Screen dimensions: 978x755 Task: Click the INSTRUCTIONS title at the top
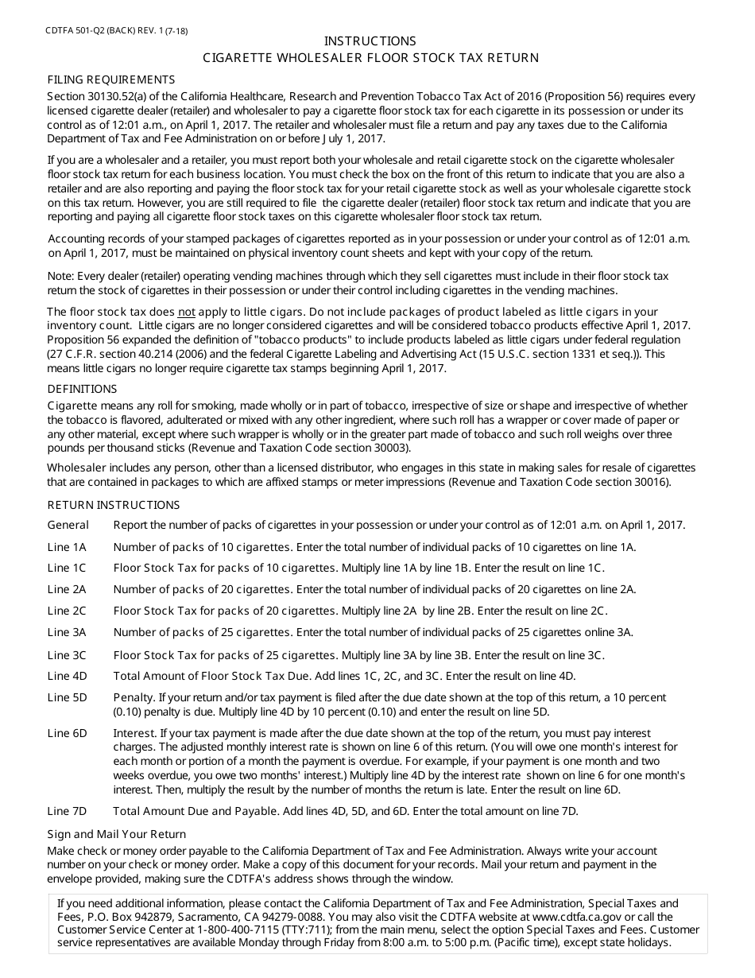pos(370,41)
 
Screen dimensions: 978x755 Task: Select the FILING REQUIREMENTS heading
pos(111,80)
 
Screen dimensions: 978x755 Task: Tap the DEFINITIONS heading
pos(83,389)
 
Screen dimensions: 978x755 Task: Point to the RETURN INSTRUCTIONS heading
pos(114,505)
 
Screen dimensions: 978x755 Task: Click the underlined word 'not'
pos(186,312)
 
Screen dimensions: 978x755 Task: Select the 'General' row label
pos(68,525)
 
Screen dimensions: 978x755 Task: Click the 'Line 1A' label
pos(67,547)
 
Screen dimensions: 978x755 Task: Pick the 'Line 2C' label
pos(67,611)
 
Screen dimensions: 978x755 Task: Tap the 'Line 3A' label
pos(67,632)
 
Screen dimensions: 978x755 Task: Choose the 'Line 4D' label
pos(68,676)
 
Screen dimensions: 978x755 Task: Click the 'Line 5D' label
pos(68,697)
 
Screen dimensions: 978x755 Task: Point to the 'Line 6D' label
pos(68,733)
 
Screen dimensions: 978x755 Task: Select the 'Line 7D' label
pos(68,811)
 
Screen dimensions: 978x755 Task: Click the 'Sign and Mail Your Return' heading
pos(117,834)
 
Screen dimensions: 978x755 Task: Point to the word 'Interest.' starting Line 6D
pos(136,733)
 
